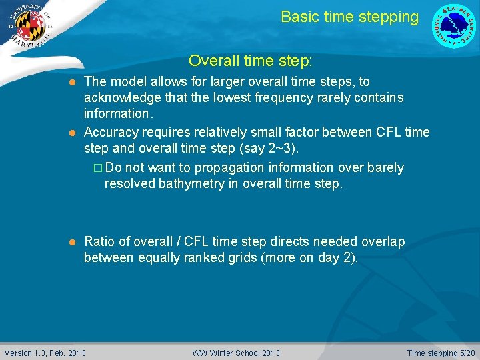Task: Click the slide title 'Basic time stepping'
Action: point(349,17)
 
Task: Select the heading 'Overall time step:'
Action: point(250,61)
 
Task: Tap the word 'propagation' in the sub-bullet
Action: point(225,167)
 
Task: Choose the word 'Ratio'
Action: point(99,241)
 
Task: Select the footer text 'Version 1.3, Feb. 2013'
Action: point(45,353)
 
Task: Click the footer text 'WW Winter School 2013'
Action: point(236,353)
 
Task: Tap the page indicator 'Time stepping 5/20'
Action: point(441,353)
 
